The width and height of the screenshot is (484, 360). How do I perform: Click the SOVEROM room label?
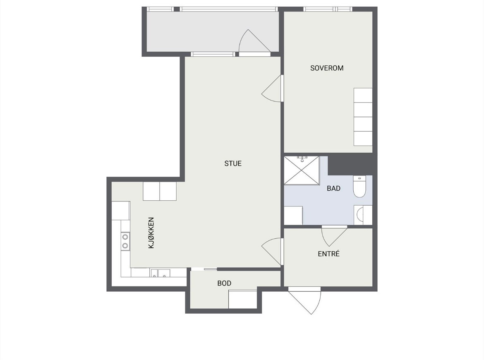pos(326,68)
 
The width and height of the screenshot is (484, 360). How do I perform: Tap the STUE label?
pos(233,163)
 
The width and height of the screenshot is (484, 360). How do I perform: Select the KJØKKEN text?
pos(151,233)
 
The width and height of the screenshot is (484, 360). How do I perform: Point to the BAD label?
pos(333,188)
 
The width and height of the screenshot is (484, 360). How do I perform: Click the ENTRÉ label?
pos(329,254)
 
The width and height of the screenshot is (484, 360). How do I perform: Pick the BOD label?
pos(224,283)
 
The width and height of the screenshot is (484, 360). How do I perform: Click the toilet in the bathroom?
pos(359,187)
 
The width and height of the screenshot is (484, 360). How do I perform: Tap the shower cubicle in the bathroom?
pos(302,170)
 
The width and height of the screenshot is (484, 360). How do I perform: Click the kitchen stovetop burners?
pos(125,241)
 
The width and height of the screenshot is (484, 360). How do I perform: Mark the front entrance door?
pos(304,300)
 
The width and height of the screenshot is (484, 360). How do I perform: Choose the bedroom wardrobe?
pos(363,117)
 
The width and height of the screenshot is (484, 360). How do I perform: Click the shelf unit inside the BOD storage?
pos(242,299)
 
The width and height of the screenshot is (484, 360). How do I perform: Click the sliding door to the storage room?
pos(204,269)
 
